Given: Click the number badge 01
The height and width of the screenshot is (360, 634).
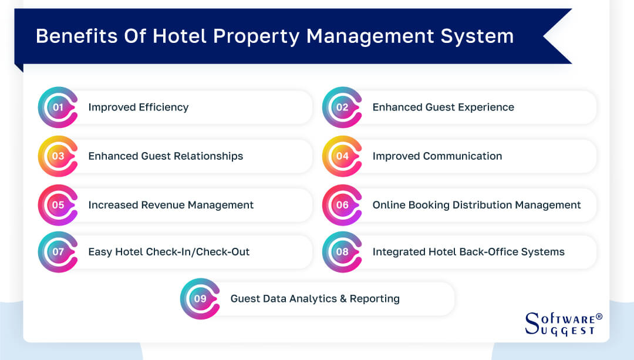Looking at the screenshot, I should click(x=58, y=107).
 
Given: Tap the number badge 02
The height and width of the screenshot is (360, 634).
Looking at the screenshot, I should click(x=342, y=107).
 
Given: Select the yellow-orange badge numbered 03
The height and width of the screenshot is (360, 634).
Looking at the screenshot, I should click(x=58, y=156).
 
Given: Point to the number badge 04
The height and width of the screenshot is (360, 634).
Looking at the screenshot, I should click(x=342, y=156).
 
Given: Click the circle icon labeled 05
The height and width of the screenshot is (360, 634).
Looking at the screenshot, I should click(x=58, y=205).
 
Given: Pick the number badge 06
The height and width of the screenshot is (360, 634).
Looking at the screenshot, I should click(x=342, y=205).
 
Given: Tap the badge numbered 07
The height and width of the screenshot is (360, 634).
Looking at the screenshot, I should click(x=58, y=252).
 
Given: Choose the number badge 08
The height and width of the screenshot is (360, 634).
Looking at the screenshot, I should click(x=342, y=252).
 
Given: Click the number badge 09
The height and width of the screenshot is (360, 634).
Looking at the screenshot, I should click(x=200, y=298).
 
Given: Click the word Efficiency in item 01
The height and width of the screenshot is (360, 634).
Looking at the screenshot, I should click(x=164, y=107).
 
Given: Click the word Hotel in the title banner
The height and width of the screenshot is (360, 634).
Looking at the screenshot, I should click(x=181, y=36).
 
